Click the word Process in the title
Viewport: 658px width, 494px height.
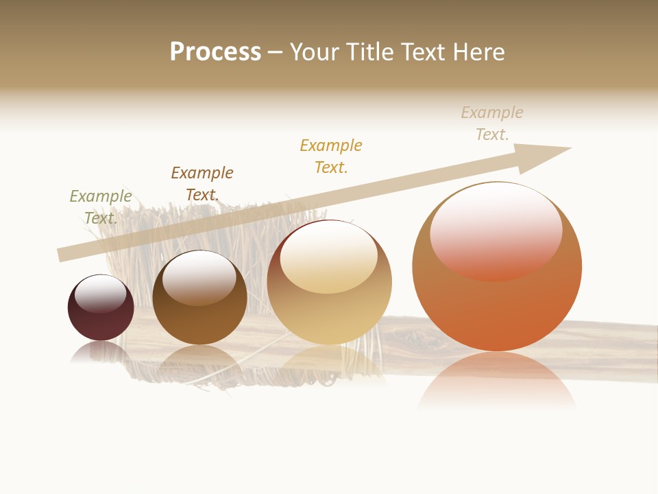point(215,52)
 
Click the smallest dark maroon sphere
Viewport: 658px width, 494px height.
point(101,319)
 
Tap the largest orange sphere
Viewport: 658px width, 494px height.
point(497,309)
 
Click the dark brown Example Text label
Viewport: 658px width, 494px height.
point(202,184)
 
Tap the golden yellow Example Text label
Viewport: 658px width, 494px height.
point(331,156)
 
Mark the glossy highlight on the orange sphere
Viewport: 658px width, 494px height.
point(496,230)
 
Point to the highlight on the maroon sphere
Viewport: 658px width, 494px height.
point(100,294)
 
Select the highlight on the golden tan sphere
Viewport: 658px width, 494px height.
point(328,257)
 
